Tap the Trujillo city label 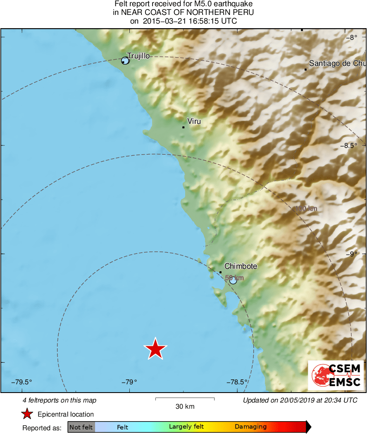[138, 56]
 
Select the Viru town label [194, 121]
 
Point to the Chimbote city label [241, 266]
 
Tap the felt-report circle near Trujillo [126, 61]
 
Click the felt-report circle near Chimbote [233, 280]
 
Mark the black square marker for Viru [183, 127]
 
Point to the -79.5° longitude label [22, 382]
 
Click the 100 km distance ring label [306, 209]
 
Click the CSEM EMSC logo [336, 375]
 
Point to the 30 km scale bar [185, 399]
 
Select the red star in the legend [27, 414]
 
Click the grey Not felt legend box [81, 427]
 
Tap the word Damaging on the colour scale [250, 427]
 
